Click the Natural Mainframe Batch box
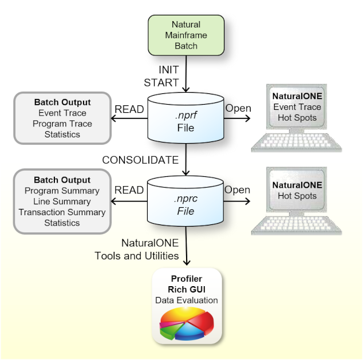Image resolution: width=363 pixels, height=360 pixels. pos(186,35)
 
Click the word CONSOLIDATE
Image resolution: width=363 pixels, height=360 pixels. pos(140,160)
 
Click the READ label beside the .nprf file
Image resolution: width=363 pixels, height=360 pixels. pos(129,109)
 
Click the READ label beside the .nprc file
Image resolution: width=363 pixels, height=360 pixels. pos(129,190)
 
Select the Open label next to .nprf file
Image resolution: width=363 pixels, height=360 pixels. pos(238,109)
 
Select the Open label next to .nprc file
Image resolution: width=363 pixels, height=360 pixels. pos(238,190)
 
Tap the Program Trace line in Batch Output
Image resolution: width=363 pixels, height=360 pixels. pos(62,124)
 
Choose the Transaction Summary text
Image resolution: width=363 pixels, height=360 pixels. pos(62,212)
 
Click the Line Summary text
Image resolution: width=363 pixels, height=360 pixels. pos(62,201)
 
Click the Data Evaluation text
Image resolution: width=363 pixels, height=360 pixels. pos(186,300)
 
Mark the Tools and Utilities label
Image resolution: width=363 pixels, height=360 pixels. pos(137,255)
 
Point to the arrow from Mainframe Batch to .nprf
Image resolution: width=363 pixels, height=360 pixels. pos(186,77)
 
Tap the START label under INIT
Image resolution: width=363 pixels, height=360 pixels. pos(161,82)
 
